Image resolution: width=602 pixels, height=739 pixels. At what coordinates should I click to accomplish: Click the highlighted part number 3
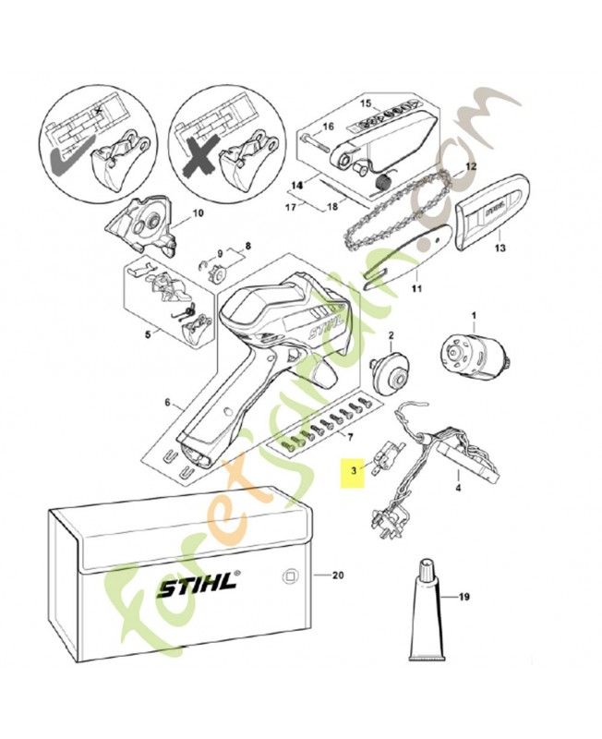(351, 470)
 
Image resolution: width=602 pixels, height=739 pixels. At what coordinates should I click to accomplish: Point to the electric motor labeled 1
(476, 356)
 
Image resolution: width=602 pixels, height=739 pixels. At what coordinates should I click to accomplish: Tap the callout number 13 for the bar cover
(500, 248)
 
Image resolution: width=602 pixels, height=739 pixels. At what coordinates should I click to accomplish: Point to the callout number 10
(197, 214)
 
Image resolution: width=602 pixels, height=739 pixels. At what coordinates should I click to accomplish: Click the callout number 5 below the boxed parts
(150, 335)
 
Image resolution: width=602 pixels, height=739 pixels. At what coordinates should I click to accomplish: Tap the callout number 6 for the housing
(168, 402)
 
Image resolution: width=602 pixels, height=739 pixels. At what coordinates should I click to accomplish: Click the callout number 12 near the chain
(470, 167)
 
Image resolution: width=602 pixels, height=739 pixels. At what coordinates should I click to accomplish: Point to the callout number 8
(247, 247)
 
